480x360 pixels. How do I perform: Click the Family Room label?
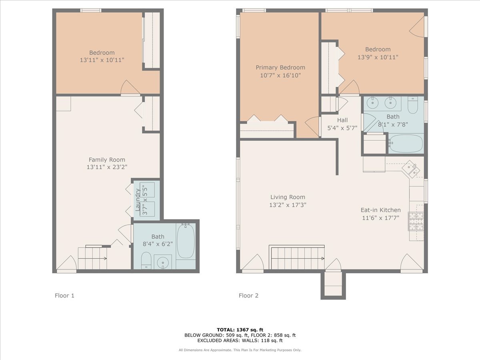tap(107, 160)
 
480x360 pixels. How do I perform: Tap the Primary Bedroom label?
tap(280, 67)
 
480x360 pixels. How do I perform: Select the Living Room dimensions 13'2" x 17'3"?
tap(288, 205)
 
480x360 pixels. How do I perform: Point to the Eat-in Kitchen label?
tap(380, 210)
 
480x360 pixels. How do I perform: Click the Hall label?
tap(342, 120)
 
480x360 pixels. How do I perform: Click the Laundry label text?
tap(137, 200)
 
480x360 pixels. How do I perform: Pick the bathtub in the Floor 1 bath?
tap(186, 241)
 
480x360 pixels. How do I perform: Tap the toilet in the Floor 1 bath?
tap(146, 260)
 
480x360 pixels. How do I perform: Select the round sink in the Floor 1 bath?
tap(163, 262)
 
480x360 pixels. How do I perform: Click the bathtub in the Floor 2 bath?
tap(406, 143)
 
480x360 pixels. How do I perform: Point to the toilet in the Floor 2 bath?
tap(413, 105)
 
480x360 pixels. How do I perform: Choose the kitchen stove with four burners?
tap(416, 221)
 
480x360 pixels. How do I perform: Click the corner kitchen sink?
tap(411, 169)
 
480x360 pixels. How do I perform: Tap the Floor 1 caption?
tap(64, 296)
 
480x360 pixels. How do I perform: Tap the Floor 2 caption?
tap(248, 296)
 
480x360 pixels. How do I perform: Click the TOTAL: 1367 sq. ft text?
tap(240, 330)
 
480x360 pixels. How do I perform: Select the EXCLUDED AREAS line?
tap(240, 340)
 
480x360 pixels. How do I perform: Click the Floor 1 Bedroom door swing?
tap(130, 88)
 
